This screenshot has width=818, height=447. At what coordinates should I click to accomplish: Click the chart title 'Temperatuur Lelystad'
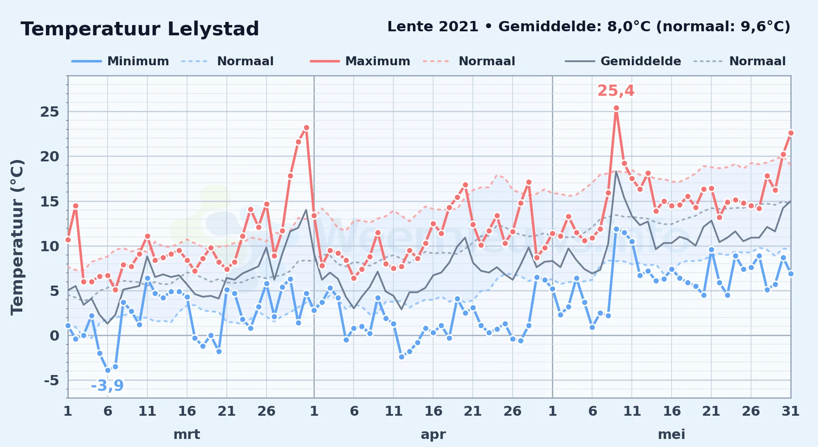(140, 29)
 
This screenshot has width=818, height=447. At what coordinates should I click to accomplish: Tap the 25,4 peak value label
(616, 91)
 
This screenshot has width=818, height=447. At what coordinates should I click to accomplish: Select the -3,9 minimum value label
(107, 385)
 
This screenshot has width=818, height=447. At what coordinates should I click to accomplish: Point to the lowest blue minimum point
(108, 370)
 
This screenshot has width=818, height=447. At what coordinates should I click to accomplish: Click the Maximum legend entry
(360, 61)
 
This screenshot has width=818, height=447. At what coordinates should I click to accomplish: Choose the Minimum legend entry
(120, 61)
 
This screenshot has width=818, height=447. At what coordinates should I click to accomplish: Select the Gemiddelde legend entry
(623, 61)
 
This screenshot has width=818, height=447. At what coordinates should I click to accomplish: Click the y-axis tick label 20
(50, 156)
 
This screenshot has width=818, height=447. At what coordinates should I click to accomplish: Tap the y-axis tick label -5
(51, 380)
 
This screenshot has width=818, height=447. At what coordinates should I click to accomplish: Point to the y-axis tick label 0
(54, 336)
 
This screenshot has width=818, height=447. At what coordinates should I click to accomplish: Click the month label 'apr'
(433, 434)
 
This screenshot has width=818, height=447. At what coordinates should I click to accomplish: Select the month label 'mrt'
(187, 434)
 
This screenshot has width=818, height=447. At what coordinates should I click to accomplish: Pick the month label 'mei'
(672, 434)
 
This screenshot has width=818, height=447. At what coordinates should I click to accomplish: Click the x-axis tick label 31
(790, 411)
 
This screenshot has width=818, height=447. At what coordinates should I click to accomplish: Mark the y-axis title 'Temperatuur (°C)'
(17, 237)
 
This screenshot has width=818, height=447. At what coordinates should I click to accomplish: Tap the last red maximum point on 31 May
(791, 133)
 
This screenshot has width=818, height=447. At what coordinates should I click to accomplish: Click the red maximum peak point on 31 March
(306, 127)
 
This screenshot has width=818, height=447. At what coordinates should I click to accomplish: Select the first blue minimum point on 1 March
(68, 325)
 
